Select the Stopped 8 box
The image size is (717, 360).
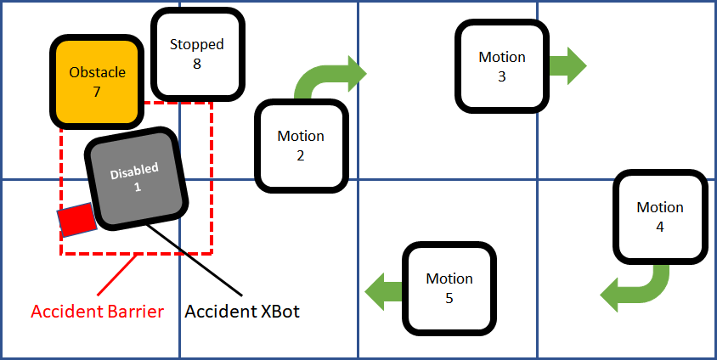(x=196, y=54)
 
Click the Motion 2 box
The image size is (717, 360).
(x=301, y=145)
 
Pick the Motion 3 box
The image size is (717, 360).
(x=501, y=66)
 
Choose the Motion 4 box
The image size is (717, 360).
(x=659, y=217)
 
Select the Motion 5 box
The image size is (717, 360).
(x=449, y=288)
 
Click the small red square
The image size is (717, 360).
(x=76, y=219)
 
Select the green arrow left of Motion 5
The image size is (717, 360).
(x=384, y=290)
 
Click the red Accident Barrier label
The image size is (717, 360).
(x=97, y=312)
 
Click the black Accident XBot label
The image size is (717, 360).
(x=243, y=312)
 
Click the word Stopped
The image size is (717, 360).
(x=196, y=45)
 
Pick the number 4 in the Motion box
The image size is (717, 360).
(x=659, y=227)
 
